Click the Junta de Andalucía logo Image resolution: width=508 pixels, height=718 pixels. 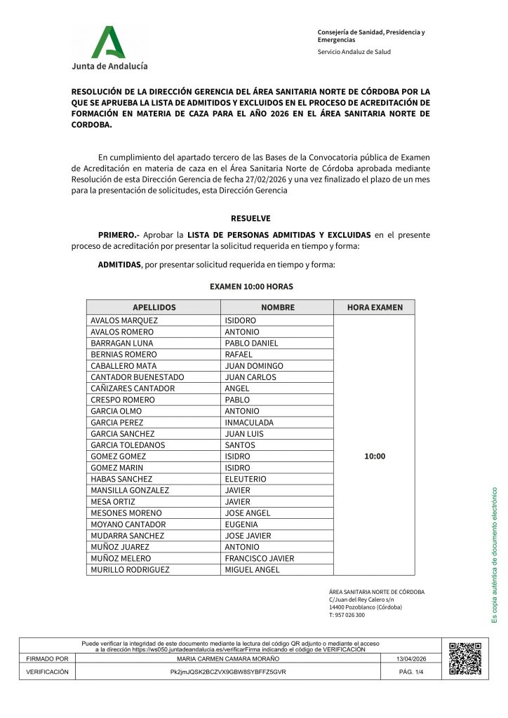coord(109,47)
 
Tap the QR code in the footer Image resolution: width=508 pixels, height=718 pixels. coord(464,658)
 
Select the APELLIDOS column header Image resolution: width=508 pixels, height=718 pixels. coord(154,307)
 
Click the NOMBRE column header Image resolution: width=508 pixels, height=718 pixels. coord(278,307)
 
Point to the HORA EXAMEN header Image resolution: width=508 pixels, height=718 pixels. coord(375,307)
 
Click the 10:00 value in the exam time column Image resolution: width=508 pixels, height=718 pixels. coord(375,456)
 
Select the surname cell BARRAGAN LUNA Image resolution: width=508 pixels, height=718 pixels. coord(121,343)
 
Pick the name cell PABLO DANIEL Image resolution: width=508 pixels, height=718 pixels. coord(251,343)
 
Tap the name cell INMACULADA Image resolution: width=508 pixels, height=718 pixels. coord(249,422)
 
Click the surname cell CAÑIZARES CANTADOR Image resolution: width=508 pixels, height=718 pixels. coord(133,388)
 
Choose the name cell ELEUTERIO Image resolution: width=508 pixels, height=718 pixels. coord(246,479)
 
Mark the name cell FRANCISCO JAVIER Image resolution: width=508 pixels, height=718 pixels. coord(259,558)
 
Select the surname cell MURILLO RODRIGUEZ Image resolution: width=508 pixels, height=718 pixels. coord(130,569)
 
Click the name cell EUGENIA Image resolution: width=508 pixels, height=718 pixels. coord(241,524)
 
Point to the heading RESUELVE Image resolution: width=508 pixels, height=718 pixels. coord(250,218)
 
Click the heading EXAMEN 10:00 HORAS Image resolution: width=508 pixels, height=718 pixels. coord(251,287)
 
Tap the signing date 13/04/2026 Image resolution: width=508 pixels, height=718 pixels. coord(410,659)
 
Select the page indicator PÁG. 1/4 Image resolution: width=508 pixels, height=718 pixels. coord(410,672)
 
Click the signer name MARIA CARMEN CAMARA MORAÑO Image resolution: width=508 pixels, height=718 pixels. coord(228,659)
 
